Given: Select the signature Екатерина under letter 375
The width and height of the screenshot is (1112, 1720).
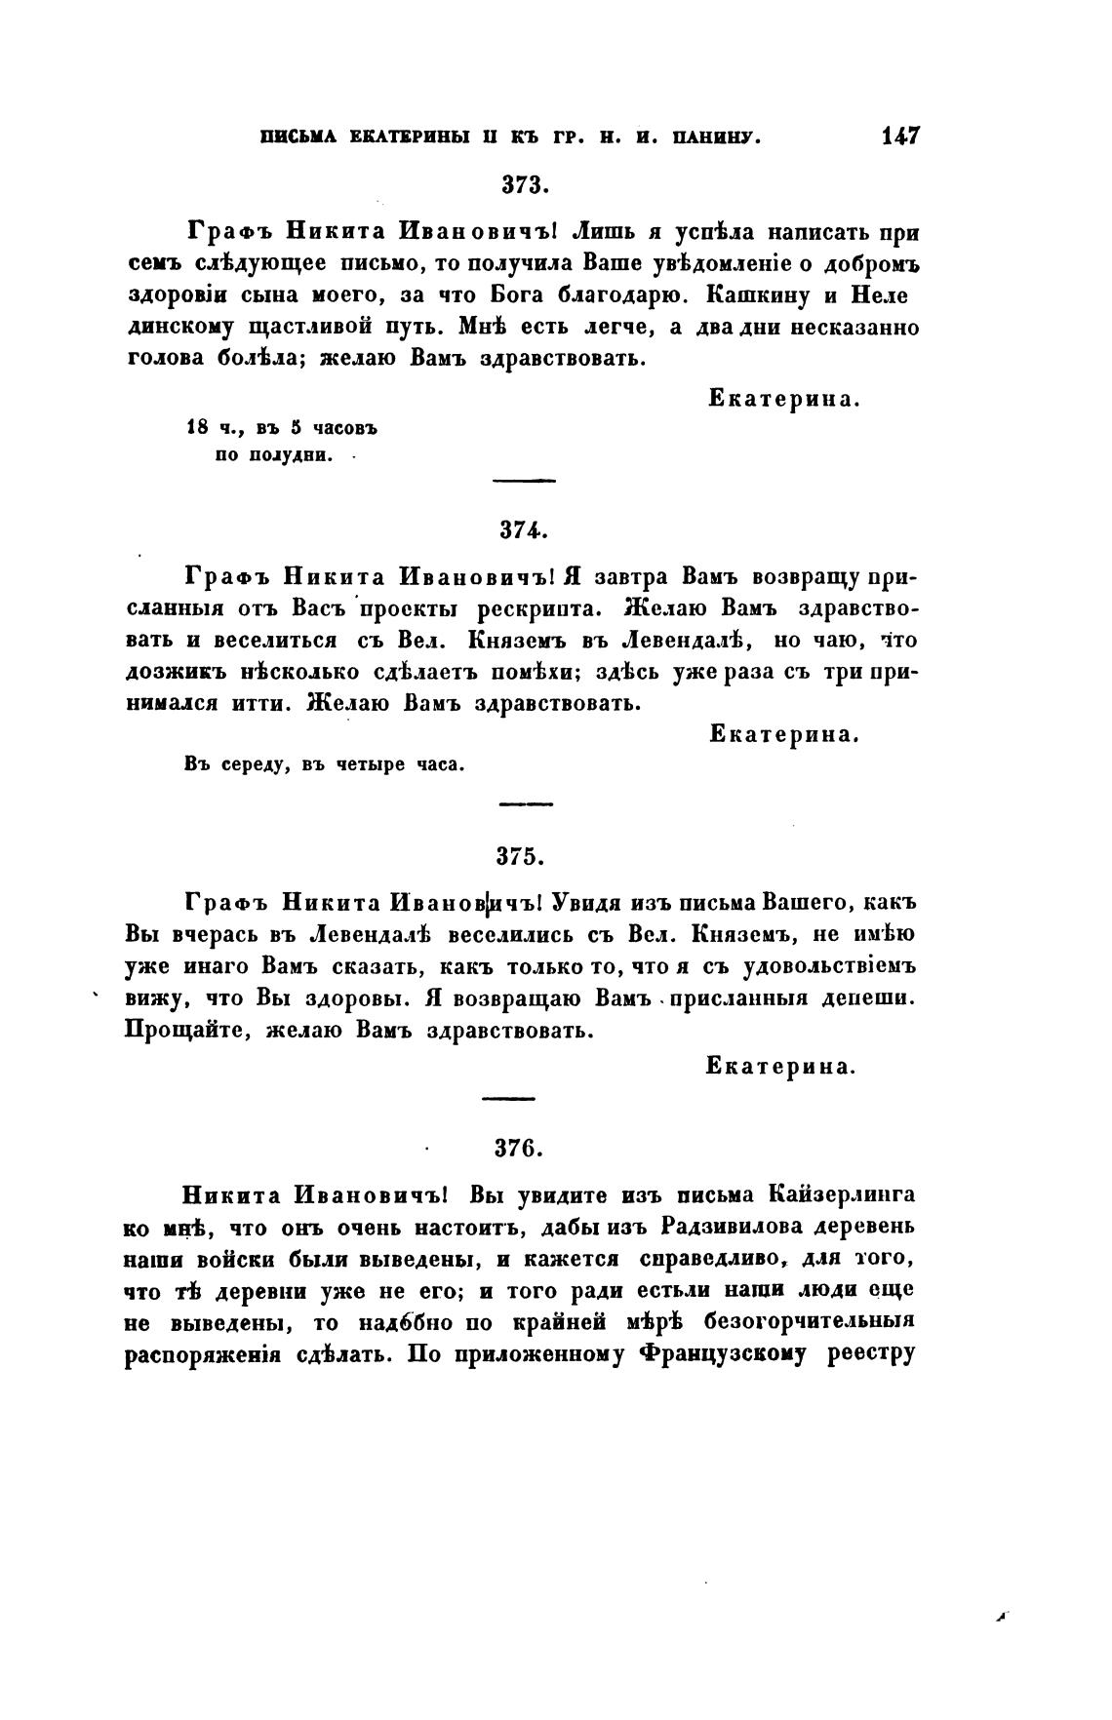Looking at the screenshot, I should [x=780, y=1067].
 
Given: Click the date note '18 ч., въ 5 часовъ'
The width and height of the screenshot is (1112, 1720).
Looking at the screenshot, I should [x=281, y=427].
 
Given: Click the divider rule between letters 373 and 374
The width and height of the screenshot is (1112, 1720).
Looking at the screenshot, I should [x=526, y=480].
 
